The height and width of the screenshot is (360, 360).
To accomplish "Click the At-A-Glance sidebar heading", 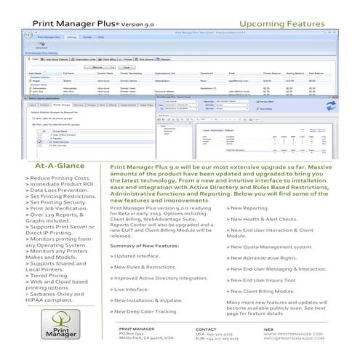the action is coord(59,166).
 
